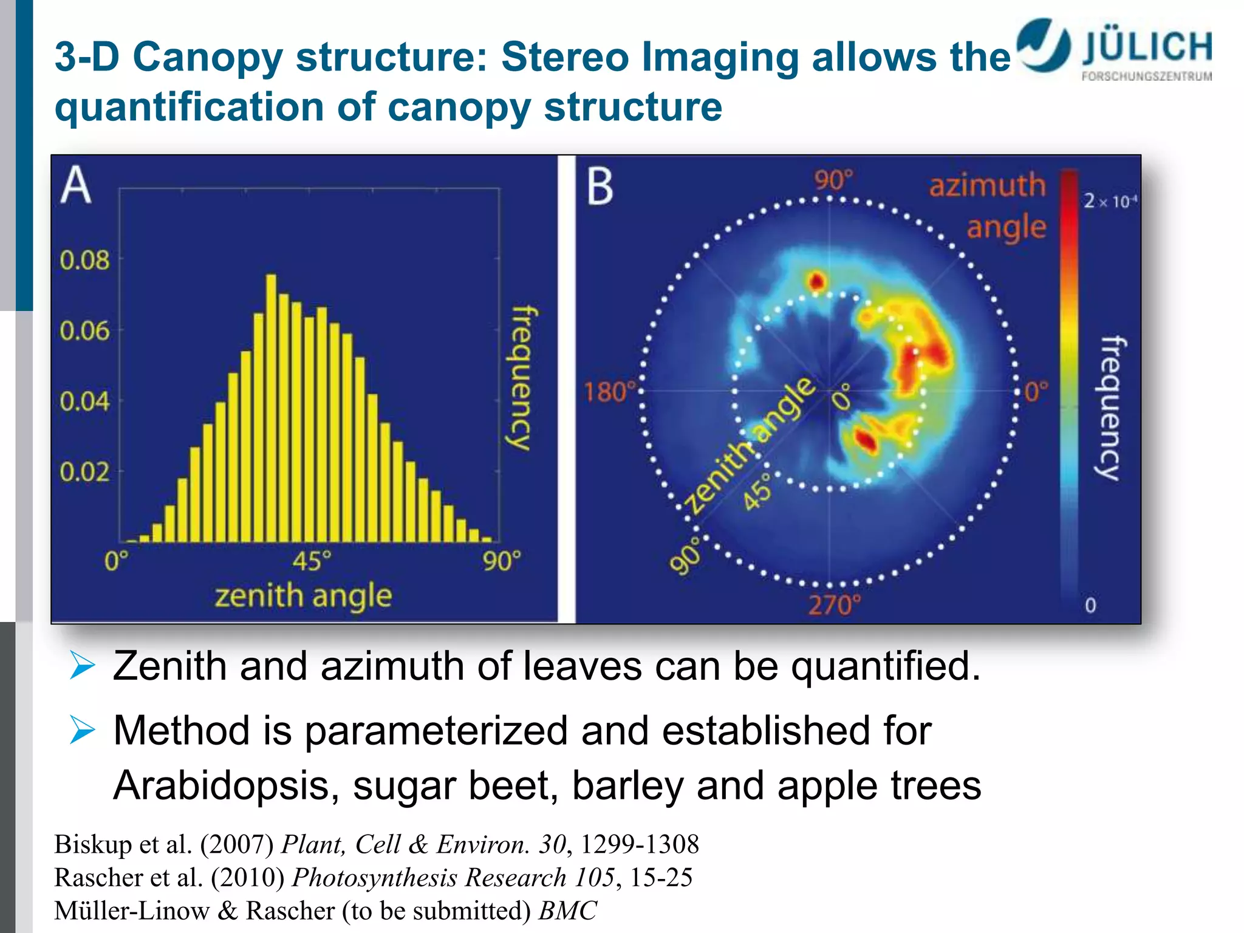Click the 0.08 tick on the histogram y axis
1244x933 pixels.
pyautogui.click(x=84, y=260)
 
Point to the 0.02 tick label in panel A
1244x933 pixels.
pyautogui.click(x=84, y=472)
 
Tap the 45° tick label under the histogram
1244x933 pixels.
pyautogui.click(x=312, y=560)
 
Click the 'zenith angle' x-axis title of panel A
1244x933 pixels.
pyautogui.click(x=303, y=596)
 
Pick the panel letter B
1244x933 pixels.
pyautogui.click(x=600, y=186)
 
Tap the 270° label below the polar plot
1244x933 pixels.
pyautogui.click(x=834, y=605)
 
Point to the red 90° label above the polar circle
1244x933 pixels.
pyautogui.click(x=833, y=180)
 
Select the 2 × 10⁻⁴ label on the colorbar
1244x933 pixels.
pyautogui.click(x=1110, y=201)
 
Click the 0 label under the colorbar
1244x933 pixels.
pyautogui.click(x=1090, y=605)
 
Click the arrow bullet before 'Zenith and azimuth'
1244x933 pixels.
pyautogui.click(x=82, y=665)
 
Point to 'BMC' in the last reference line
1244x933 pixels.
pyautogui.click(x=568, y=911)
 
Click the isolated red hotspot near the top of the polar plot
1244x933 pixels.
pyautogui.click(x=817, y=281)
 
